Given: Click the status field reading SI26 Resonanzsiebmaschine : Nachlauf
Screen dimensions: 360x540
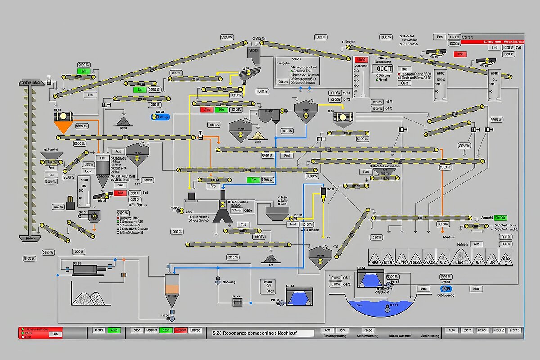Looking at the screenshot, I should tap(263, 333).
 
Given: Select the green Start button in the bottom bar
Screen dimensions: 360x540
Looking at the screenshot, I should tap(166, 330).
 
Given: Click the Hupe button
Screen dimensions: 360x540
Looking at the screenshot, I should tap(369, 330).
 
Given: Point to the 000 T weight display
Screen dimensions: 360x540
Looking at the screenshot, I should tap(382, 69).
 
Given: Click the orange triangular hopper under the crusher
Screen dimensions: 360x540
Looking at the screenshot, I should tap(63, 127).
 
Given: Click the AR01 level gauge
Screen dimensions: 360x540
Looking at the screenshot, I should tap(495, 85).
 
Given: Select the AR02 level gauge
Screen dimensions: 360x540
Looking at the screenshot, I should tap(441, 85).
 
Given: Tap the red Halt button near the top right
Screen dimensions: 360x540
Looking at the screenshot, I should tap(460, 54).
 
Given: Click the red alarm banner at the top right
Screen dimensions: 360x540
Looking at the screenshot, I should tap(492, 42).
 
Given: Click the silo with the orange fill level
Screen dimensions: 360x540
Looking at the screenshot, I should tap(171, 290).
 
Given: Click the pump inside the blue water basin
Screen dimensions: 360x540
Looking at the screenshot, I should tap(387, 308).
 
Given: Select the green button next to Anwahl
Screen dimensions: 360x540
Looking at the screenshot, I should tap(500, 217).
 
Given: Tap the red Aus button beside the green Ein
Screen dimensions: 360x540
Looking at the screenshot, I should tap(207, 110).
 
